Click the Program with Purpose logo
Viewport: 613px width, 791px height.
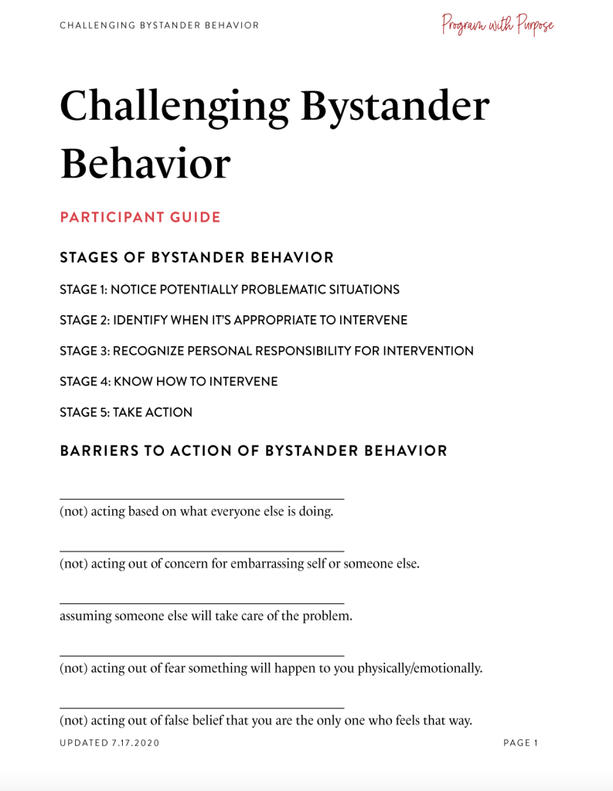coord(498,25)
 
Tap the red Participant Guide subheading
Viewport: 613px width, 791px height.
coord(140,217)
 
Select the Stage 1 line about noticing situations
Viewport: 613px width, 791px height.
coord(230,290)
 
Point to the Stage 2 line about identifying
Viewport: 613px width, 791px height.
coord(233,320)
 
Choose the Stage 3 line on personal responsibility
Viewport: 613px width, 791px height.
coord(267,351)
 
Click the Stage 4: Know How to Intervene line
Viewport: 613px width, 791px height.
coord(169,382)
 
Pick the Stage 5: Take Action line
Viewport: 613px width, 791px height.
coord(126,412)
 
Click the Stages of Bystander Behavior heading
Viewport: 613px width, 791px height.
coord(197,257)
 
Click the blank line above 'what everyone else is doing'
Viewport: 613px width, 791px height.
coord(202,499)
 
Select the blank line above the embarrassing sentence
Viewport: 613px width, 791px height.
coord(202,551)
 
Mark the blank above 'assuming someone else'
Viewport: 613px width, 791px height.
coord(202,603)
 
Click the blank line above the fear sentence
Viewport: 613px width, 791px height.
coord(202,656)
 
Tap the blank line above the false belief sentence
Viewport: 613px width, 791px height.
coord(202,708)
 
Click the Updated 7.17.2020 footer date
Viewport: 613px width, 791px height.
coord(110,743)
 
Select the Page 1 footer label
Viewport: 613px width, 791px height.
coord(520,743)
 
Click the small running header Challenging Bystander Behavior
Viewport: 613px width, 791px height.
coord(159,25)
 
